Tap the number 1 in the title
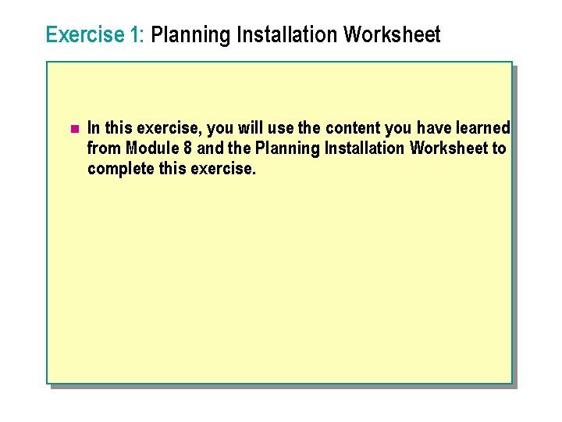(x=137, y=35)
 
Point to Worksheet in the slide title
(x=392, y=35)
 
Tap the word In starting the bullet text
(x=94, y=127)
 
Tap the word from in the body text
(x=105, y=148)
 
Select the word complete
(x=118, y=169)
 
